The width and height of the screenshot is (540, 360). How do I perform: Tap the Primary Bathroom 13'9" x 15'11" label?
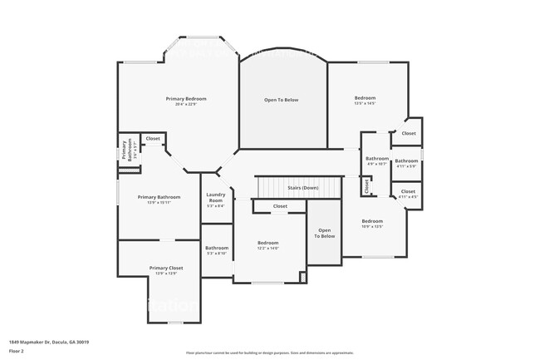click(x=159, y=198)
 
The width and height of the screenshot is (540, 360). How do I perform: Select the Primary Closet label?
click(x=166, y=269)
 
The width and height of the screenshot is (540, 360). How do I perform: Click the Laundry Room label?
click(x=216, y=200)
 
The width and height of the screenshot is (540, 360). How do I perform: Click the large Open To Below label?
click(x=282, y=100)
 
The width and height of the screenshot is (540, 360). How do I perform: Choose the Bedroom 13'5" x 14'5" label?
click(x=366, y=99)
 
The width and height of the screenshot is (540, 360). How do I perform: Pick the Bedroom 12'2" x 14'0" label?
click(x=268, y=244)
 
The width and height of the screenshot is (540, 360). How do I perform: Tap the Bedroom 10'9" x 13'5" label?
click(x=372, y=222)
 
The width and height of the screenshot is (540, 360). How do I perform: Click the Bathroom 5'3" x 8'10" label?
click(x=217, y=249)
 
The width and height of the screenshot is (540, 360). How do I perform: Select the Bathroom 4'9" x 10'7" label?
click(x=377, y=160)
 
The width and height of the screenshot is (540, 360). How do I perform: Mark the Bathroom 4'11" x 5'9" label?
click(x=406, y=163)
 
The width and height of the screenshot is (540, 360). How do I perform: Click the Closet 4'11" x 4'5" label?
click(x=408, y=193)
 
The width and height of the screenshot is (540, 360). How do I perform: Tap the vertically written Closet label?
click(x=366, y=185)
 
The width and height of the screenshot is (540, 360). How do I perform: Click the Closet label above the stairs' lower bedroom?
click(x=280, y=206)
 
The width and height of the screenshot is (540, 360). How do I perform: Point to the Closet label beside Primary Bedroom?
click(x=153, y=139)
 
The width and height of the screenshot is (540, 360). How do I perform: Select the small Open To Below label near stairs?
click(x=325, y=234)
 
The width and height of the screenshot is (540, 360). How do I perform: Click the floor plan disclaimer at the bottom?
click(x=269, y=353)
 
